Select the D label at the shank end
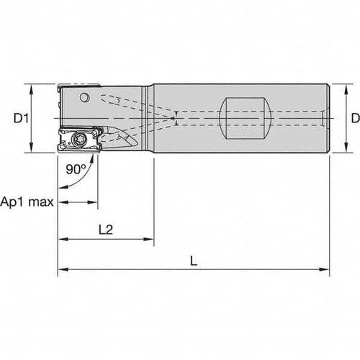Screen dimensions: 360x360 (354, 117)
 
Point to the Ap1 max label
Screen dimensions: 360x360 (27, 202)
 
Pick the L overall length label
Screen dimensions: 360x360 (194, 261)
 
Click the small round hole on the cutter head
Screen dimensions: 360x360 (85, 97)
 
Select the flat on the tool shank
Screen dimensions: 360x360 (245, 117)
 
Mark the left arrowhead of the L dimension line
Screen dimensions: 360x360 (61, 271)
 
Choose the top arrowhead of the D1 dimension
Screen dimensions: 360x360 (31, 87)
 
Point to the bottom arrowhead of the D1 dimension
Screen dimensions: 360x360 (31, 148)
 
